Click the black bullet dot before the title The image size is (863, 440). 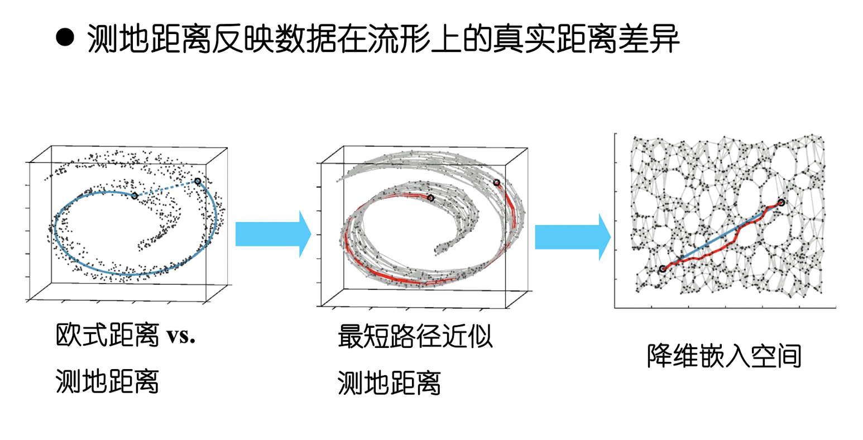tap(65, 39)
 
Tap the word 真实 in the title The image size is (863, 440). tap(523, 39)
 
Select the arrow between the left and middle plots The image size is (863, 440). tap(272, 235)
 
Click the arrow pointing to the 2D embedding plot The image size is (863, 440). tap(573, 237)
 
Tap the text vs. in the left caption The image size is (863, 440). tap(180, 336)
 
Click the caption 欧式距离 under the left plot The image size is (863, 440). tap(107, 336)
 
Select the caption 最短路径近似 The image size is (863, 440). tap(415, 337)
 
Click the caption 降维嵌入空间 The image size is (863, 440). tap(724, 356)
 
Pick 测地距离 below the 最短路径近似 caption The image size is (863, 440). tap(389, 383)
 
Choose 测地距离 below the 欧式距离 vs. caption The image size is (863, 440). tap(107, 382)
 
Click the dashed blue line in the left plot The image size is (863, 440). tap(166, 188)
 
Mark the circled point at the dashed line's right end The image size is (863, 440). tap(198, 181)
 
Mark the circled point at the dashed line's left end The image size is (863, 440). tap(135, 195)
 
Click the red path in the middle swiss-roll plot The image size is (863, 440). tap(391, 278)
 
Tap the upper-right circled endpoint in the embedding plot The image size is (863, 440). tap(781, 203)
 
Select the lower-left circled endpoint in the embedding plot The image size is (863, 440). tap(663, 269)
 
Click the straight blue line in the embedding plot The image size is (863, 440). tap(720, 237)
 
